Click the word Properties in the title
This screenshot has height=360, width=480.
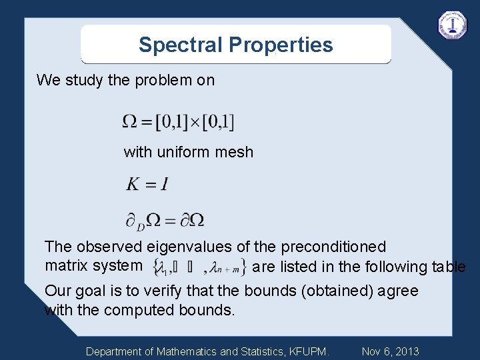[x=281, y=45]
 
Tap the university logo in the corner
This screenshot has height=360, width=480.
[x=453, y=25]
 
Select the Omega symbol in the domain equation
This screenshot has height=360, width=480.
[x=131, y=121]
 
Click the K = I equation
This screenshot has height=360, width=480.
[x=147, y=184]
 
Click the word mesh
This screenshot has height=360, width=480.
[x=236, y=152]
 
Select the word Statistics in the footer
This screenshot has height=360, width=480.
[x=257, y=351]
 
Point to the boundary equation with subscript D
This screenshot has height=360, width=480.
[x=165, y=219]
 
